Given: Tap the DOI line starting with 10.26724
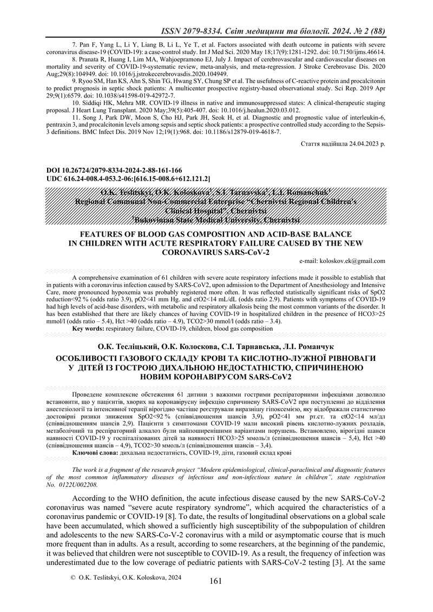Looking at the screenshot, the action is point(110,170).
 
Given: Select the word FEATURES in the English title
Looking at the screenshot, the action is point(104,234).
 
